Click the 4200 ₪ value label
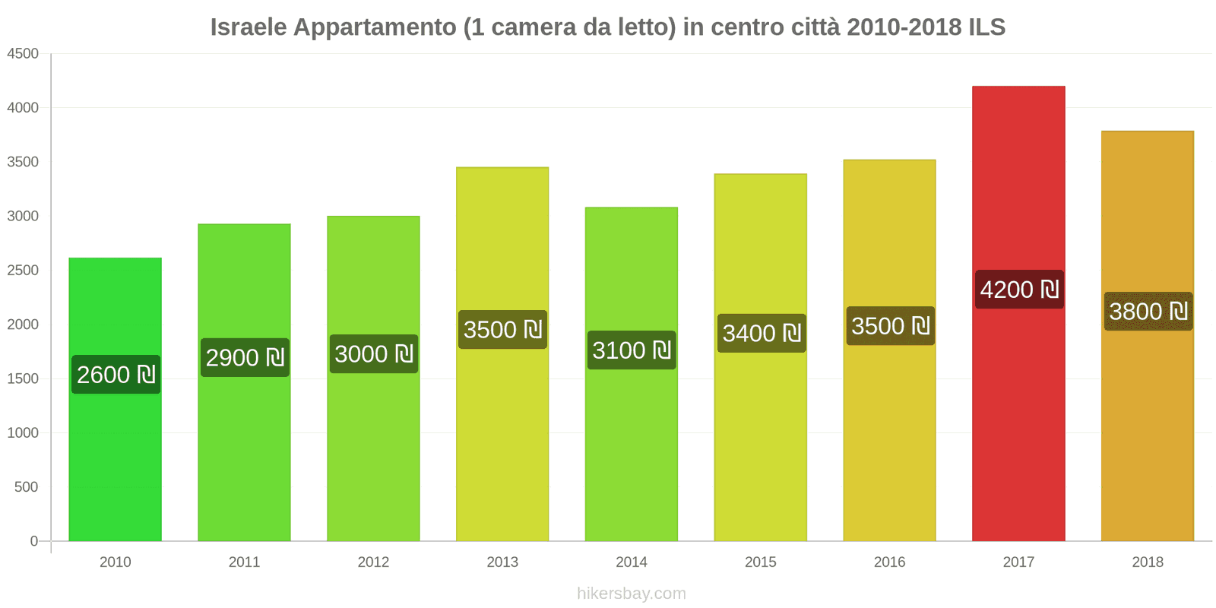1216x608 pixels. (x=1019, y=290)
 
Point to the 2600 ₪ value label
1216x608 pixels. (x=116, y=375)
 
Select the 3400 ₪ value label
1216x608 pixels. (x=762, y=334)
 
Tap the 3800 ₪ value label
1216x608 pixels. (x=1148, y=312)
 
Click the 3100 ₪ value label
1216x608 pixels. (x=631, y=350)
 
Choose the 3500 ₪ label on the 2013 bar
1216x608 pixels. (x=502, y=330)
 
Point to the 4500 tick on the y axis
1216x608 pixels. (x=23, y=54)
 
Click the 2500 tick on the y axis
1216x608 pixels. (x=23, y=271)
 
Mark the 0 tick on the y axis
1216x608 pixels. (x=33, y=541)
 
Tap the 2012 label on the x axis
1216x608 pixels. (x=373, y=562)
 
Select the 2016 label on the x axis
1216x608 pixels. (x=889, y=562)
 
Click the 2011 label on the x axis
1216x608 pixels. (x=244, y=562)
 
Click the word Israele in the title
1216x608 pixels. (x=249, y=27)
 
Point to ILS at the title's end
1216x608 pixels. (x=986, y=27)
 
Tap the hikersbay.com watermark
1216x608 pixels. (x=631, y=594)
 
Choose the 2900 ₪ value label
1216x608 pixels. (x=245, y=358)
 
